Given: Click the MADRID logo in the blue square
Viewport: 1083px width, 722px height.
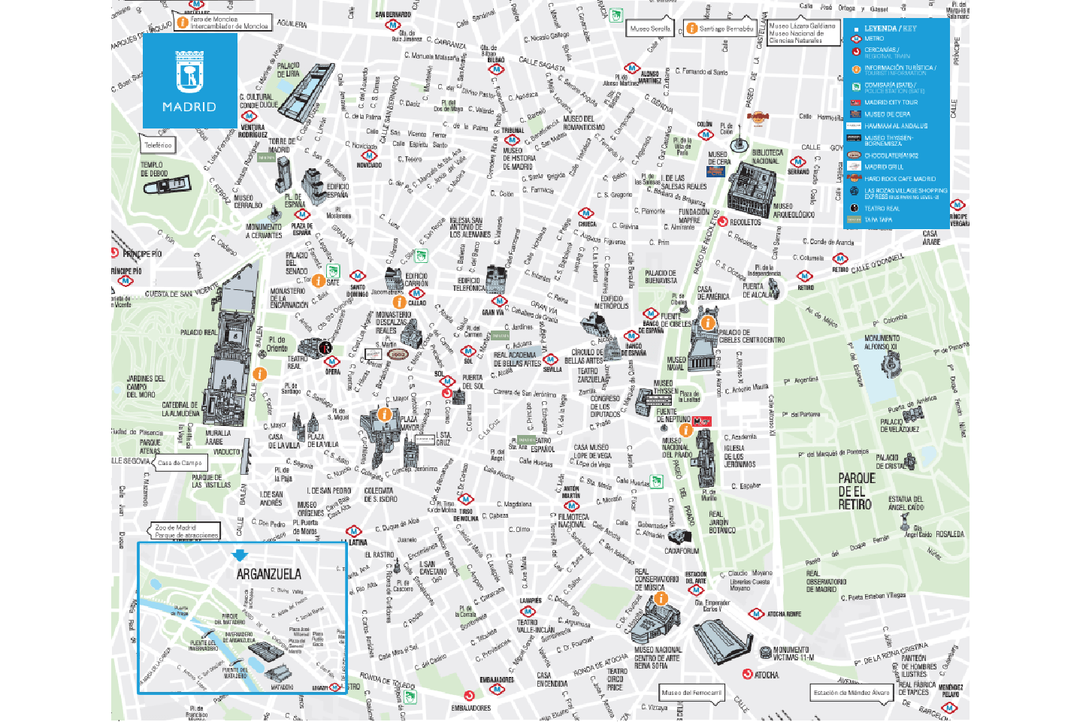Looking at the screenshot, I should pos(189,80).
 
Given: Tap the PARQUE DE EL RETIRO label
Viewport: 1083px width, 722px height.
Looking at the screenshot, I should pos(856,491).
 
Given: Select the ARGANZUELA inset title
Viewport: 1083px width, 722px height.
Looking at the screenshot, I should pos(268,574).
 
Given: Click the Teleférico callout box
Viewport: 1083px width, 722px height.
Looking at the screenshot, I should pos(158,145).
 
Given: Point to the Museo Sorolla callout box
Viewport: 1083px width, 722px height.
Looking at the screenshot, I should pos(650,29).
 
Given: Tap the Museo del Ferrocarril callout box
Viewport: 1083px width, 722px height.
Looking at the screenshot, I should pos(691,692).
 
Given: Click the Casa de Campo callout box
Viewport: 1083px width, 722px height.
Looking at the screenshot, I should pos(180,463).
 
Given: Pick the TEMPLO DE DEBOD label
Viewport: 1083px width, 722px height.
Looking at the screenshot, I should pos(153,169).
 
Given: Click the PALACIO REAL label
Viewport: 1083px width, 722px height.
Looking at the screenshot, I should pos(198,332).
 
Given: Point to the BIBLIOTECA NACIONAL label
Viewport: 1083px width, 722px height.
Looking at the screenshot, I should pos(767,156).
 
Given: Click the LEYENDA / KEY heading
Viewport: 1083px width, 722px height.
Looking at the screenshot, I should pos(890,29).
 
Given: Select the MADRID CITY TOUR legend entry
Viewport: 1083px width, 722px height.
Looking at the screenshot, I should pos(891,102).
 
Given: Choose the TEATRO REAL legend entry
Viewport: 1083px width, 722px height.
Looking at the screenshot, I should pos(881,208).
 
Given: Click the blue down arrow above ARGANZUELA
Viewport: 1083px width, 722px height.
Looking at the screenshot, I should pos(240,555).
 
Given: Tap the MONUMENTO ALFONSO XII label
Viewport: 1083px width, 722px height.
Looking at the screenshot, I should pos(882,343).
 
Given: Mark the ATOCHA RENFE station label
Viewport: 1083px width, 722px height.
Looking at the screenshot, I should pos(783,614).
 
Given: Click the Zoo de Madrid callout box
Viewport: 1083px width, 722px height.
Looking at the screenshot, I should pos(186,531).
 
